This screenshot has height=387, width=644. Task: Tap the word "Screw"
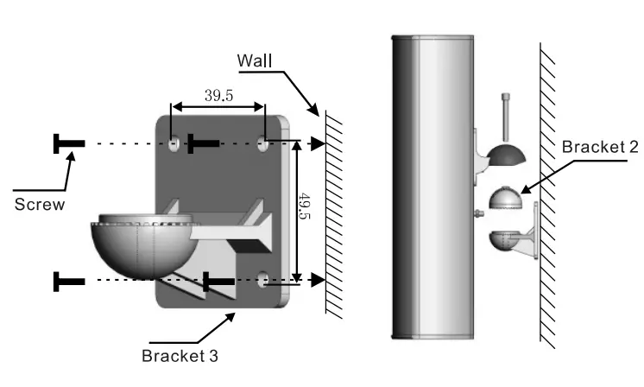pos(37,205)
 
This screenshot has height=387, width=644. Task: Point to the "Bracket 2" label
pos(599,147)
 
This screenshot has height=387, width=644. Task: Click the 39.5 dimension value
pos(218,95)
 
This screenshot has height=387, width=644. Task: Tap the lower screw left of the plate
pos(69,280)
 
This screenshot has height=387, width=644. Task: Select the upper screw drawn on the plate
pos(204,143)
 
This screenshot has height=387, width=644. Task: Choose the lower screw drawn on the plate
pos(220,280)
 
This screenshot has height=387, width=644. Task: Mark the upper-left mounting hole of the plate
pos(174,143)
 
